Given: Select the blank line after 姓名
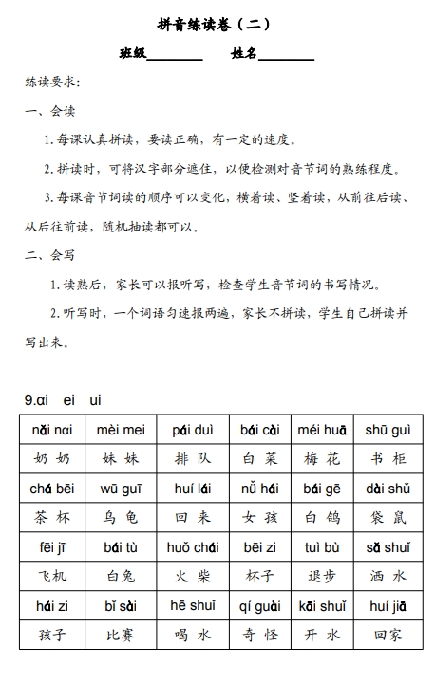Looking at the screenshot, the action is click(x=286, y=56).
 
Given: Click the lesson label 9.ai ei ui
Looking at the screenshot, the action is click(x=63, y=400).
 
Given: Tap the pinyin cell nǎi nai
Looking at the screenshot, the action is click(x=52, y=430).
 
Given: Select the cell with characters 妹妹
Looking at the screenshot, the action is click(x=121, y=459).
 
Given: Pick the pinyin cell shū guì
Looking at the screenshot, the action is click(x=388, y=430).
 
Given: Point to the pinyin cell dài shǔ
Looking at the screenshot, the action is click(x=388, y=489).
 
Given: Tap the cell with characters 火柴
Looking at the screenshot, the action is click(x=192, y=576).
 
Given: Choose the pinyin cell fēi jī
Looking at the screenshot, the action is click(x=52, y=547).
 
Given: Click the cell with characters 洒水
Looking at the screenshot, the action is click(x=388, y=576).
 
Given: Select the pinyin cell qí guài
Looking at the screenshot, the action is click(x=259, y=606).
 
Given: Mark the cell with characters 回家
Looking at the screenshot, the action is click(x=388, y=635).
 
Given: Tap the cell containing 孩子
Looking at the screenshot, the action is click(x=52, y=635).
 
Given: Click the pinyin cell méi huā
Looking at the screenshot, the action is click(x=322, y=430).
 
